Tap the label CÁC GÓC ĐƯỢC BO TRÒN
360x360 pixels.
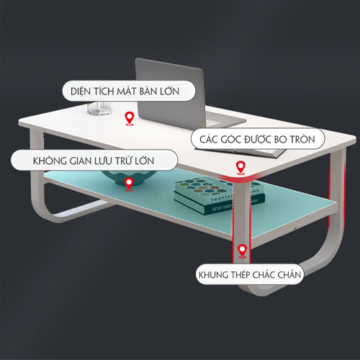point(258,139)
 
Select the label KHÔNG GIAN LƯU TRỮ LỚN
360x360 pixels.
point(94,161)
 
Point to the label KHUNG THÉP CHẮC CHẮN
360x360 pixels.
point(250,274)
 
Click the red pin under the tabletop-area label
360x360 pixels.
point(130,119)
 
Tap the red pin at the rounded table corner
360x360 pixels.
point(240,168)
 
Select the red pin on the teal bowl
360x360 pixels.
point(129,184)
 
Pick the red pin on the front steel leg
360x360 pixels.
point(243,251)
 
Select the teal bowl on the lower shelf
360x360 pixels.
point(129,178)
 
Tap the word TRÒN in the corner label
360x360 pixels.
point(302,139)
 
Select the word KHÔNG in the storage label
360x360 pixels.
point(50,161)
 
